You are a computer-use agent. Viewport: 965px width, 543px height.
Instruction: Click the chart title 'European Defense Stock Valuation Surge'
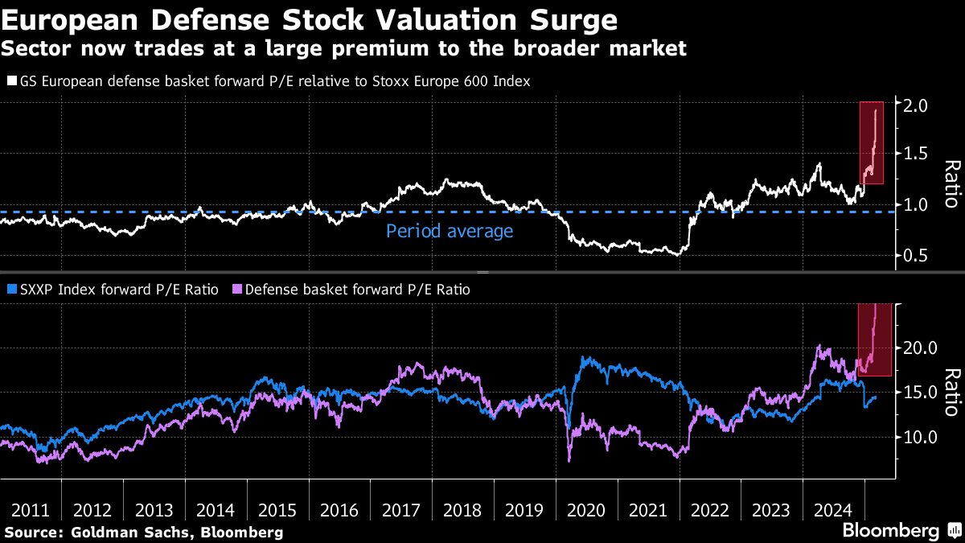pyautogui.click(x=310, y=19)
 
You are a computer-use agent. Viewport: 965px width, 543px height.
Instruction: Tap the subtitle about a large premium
pyautogui.click(x=343, y=48)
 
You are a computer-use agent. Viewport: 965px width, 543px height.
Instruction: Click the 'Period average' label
pyautogui.click(x=449, y=232)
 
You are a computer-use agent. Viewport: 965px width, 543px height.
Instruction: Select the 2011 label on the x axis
pyautogui.click(x=31, y=509)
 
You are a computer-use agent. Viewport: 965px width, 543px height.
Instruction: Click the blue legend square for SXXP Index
pyautogui.click(x=10, y=289)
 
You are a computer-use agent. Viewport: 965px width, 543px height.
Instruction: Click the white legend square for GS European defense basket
pyautogui.click(x=10, y=81)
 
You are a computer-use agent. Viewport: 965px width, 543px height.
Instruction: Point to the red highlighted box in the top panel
pyautogui.click(x=872, y=142)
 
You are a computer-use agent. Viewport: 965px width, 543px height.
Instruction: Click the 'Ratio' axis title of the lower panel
pyautogui.click(x=951, y=393)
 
